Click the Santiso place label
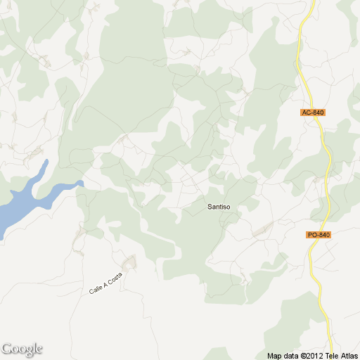pos(219,207)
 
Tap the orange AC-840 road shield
pos(312,112)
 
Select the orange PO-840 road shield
pos(319,234)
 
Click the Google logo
pos(22,349)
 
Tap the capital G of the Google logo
pos(7,348)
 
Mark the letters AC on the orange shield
pos(307,112)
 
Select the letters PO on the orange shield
pos(313,234)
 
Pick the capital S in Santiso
pos(210,207)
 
